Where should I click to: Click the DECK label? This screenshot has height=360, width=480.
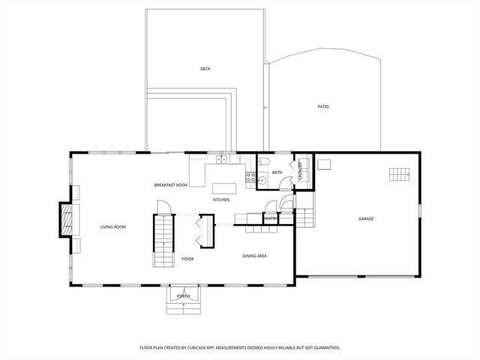pyautogui.click(x=205, y=69)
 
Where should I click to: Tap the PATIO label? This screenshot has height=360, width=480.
pyautogui.click(x=323, y=106)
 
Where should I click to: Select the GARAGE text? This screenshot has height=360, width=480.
pyautogui.click(x=366, y=219)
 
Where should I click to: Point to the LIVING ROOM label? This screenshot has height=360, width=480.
pyautogui.click(x=113, y=226)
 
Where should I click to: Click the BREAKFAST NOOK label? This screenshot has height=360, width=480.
pyautogui.click(x=171, y=184)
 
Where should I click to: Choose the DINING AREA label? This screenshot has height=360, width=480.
pyautogui.click(x=255, y=256)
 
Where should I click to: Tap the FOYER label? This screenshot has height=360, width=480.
pyautogui.click(x=187, y=259)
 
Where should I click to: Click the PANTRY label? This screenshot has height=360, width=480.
pyautogui.click(x=271, y=218)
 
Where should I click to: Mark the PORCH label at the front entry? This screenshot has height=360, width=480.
pyautogui.click(x=183, y=297)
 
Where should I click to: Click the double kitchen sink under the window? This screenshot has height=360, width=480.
pyautogui.click(x=221, y=160)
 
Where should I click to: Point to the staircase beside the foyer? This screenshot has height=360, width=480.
pyautogui.click(x=163, y=240)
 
